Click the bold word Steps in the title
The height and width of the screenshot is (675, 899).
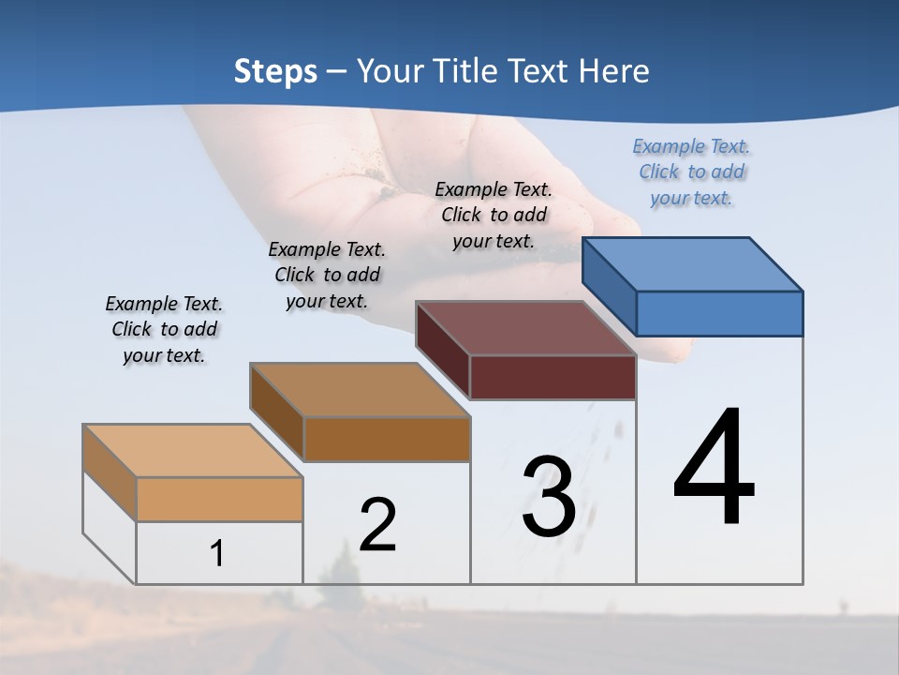coord(275,71)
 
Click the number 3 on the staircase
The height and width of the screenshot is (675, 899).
coord(549,497)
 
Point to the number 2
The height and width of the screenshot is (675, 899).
coord(377,525)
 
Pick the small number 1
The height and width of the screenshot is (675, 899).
coord(217,553)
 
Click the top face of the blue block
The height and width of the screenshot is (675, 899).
coord(691,263)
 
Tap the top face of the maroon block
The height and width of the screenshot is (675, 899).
coord(525,328)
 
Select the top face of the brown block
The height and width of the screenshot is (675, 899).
coord(360,389)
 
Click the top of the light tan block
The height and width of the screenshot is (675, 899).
coord(193,450)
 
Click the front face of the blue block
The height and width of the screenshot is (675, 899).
coord(719,313)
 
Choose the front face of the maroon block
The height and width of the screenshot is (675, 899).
coord(553,377)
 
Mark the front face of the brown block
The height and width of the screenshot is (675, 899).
coord(387,439)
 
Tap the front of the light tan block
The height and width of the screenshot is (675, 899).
coord(219,499)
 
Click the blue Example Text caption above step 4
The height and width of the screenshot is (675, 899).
coord(691,172)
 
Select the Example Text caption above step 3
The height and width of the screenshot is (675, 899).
coord(494,215)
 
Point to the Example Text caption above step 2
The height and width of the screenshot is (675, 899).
coord(327,275)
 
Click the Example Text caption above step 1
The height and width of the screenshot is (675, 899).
coord(164,329)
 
